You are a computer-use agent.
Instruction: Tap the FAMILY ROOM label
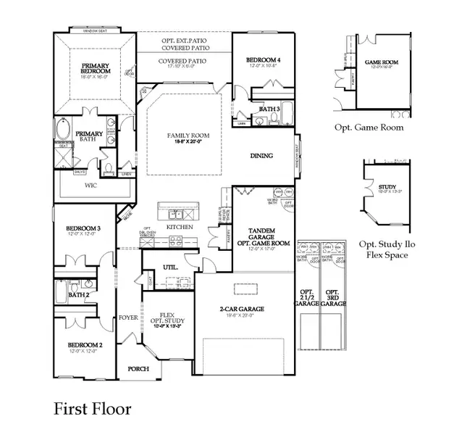(184, 136)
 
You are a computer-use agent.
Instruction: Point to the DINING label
(261, 155)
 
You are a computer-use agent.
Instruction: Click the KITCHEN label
(179, 227)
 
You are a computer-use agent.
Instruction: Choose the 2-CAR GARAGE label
(243, 309)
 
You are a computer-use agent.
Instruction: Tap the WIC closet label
(91, 186)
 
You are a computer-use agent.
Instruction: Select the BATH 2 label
(78, 295)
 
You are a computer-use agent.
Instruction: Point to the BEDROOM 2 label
(85, 344)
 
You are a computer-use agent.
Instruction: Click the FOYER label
(128, 318)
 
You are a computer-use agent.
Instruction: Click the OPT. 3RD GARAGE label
(334, 297)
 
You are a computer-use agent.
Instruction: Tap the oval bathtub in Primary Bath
(63, 133)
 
